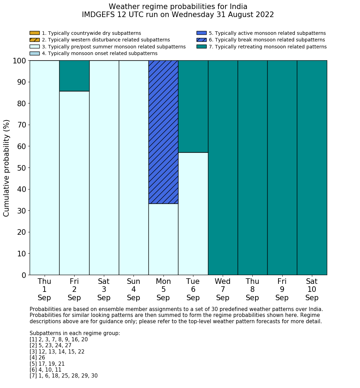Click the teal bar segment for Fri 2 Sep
coord(74,76)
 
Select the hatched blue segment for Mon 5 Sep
coord(163,132)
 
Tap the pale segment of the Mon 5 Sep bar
coord(163,239)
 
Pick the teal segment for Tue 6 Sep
coord(193,106)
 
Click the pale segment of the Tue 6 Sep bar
coord(193,214)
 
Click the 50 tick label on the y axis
coord(22,168)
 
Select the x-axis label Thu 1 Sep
coord(44,289)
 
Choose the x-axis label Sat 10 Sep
coord(312,289)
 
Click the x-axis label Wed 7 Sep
coord(223,289)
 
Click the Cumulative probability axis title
coord(7,168)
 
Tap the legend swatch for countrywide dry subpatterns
coord(35,33)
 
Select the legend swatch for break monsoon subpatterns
coord(201,40)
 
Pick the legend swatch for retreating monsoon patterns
coord(201,47)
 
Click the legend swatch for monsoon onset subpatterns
coord(35,53)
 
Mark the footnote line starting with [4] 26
coord(37,358)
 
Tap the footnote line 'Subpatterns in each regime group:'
coord(75,333)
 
